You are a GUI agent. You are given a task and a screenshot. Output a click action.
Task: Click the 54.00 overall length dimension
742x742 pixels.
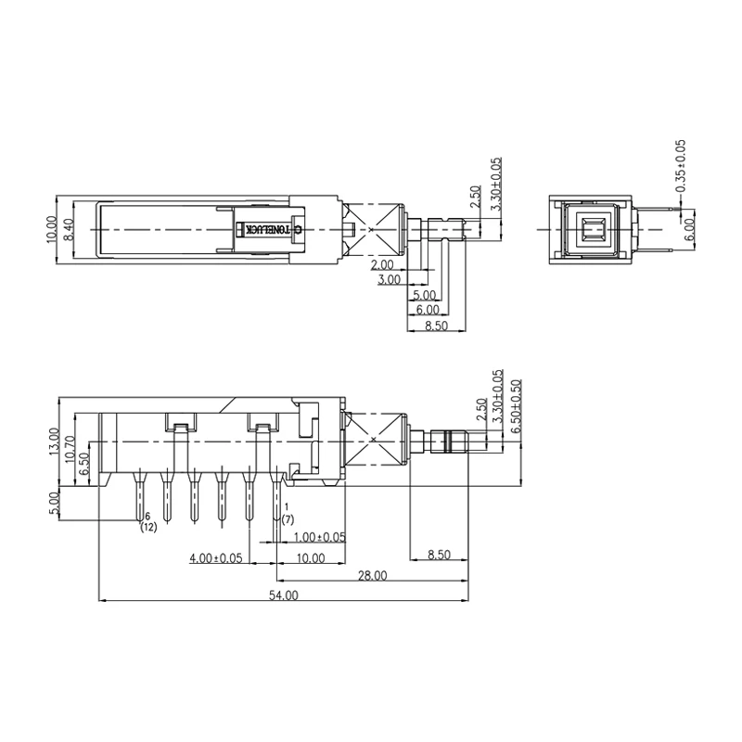coord(283,595)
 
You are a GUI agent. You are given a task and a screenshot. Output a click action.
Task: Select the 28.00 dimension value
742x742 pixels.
coord(373,576)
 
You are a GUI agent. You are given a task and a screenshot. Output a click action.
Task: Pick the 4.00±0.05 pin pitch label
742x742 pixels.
coord(216,558)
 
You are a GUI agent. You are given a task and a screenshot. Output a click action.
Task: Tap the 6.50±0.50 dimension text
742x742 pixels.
coord(516,403)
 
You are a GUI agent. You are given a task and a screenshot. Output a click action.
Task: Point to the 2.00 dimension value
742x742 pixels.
coord(381,265)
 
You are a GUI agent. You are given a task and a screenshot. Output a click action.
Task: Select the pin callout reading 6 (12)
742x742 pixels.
coord(147,522)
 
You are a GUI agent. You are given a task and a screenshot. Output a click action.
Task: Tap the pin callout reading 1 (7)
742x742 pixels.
coord(288,513)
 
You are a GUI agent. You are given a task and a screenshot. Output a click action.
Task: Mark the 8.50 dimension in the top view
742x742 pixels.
coord(436,325)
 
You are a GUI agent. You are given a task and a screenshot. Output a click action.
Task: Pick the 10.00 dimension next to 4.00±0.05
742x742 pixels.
coord(311,558)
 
